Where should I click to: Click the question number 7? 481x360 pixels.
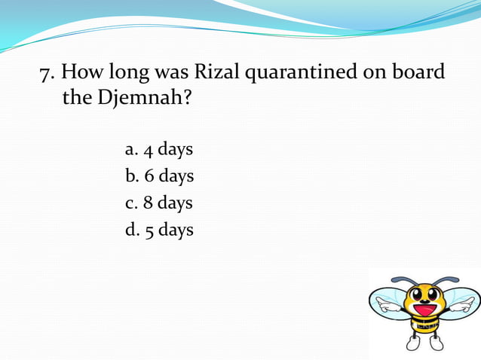[45, 74]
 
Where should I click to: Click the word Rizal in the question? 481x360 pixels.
[217, 73]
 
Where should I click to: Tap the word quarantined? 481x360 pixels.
[302, 75]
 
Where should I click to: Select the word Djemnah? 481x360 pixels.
[140, 99]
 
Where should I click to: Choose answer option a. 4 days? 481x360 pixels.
[158, 150]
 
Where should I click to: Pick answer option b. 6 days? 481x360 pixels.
[159, 176]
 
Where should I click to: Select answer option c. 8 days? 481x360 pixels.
[158, 203]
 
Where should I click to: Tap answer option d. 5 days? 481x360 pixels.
[159, 230]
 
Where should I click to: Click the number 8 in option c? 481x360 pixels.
[146, 203]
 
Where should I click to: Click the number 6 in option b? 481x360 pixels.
[146, 176]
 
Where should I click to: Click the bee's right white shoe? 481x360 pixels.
[436, 344]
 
